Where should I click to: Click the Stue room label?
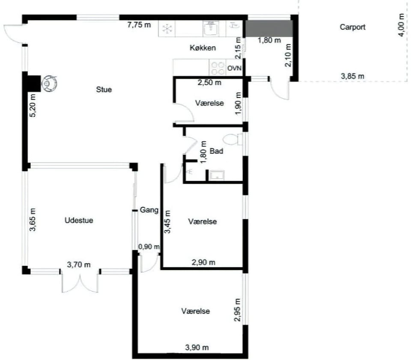(104, 89)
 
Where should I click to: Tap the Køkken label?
(203, 48)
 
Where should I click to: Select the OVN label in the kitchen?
(234, 68)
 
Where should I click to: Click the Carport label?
(352, 27)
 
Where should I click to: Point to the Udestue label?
(79, 220)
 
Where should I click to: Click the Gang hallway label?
(149, 210)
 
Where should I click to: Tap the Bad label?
(216, 151)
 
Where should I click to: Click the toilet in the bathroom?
(233, 139)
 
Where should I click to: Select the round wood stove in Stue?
(49, 83)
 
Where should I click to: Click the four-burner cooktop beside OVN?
(217, 68)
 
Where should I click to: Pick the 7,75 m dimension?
(139, 25)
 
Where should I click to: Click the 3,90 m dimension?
(197, 348)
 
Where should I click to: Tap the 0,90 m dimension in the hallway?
(149, 247)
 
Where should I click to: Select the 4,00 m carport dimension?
(401, 25)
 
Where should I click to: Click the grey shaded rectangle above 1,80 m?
(269, 28)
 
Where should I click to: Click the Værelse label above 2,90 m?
(203, 222)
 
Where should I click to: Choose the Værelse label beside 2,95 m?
(196, 311)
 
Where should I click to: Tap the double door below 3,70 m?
(80, 282)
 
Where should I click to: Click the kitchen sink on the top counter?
(211, 29)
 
